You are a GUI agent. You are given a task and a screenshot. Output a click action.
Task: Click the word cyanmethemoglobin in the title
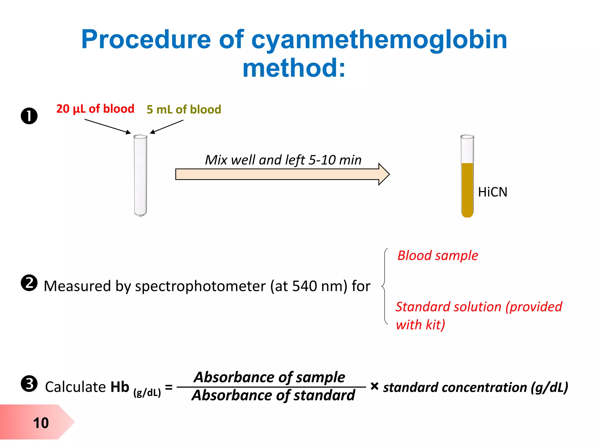tap(379, 40)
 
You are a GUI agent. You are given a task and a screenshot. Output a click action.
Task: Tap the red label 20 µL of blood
tap(95, 109)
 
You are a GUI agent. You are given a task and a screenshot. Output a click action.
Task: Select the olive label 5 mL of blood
tap(184, 109)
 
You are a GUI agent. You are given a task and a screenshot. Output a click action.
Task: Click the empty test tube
tap(140, 175)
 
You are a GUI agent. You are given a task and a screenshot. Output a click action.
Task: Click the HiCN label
tap(492, 192)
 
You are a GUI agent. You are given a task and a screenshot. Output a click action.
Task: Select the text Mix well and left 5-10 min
tap(283, 160)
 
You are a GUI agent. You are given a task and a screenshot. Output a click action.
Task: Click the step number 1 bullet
tap(29, 116)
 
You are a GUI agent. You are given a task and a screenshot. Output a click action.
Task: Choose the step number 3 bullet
tap(29, 384)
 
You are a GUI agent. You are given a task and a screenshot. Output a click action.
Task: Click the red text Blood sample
tap(438, 256)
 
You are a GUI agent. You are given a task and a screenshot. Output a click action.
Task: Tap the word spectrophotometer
tap(200, 286)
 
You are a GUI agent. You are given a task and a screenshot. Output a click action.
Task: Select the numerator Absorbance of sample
tap(270, 377)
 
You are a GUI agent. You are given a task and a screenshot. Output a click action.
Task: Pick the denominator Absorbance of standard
tap(273, 395)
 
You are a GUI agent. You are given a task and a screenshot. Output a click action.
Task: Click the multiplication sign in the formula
tap(374, 386)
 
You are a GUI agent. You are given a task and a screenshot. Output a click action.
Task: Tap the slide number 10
tap(41, 423)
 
